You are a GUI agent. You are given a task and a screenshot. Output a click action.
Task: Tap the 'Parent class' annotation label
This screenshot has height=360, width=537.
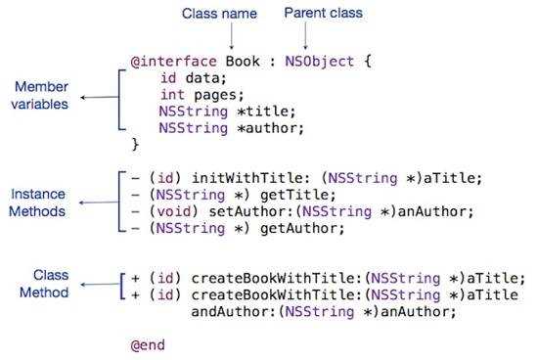pos(322,14)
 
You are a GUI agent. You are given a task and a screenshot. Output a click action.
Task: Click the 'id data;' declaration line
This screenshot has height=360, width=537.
pos(192,78)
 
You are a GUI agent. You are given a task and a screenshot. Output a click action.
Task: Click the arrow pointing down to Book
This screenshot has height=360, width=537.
pos(231,36)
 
